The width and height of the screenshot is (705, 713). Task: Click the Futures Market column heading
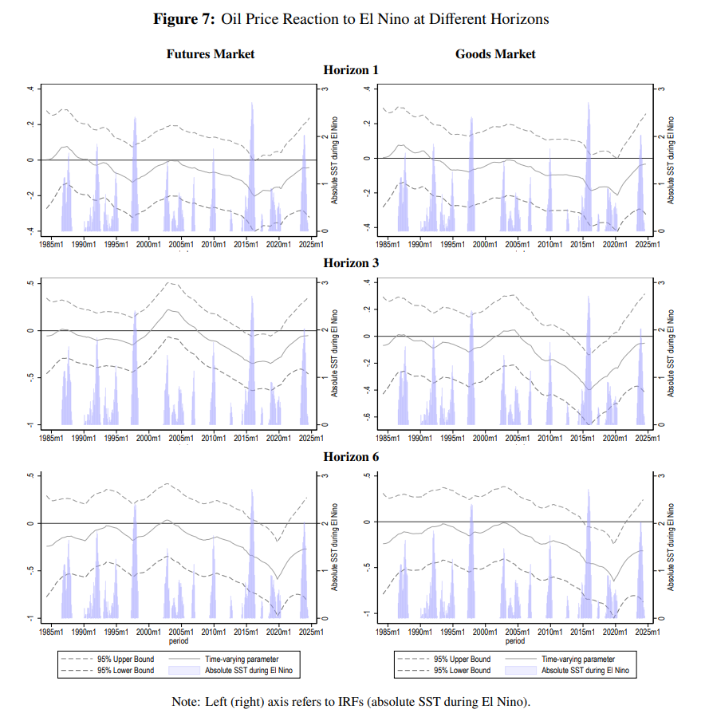(211, 54)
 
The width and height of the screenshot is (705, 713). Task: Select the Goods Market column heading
(495, 54)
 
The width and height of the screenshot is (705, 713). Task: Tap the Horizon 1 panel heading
(351, 70)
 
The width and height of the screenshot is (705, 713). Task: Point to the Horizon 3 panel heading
(351, 262)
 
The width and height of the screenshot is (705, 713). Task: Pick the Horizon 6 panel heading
(351, 457)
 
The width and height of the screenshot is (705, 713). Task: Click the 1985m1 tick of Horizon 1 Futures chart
(53, 244)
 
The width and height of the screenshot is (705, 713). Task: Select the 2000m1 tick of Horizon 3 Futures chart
(149, 439)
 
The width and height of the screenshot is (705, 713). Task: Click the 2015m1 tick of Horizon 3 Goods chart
(582, 439)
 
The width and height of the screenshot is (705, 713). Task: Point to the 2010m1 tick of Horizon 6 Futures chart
(214, 632)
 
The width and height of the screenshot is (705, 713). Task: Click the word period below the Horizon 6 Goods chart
(515, 640)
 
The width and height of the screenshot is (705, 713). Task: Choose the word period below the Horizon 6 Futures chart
(179, 640)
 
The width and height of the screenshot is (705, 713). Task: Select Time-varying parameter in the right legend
(578, 660)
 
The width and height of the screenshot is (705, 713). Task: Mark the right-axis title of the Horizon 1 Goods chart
(672, 160)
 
